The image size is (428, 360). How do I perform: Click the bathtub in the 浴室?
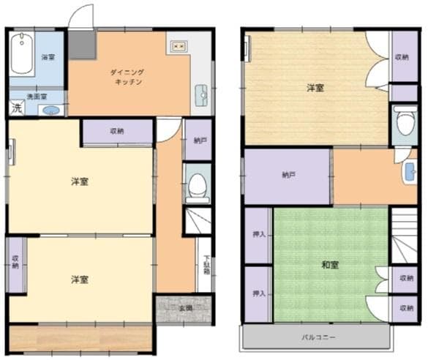[x=23, y=53]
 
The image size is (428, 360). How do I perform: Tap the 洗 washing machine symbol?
[x=15, y=108]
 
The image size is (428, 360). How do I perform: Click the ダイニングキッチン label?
[x=127, y=78]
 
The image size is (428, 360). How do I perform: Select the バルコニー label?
[x=318, y=338]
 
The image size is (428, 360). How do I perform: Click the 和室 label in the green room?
[x=329, y=265]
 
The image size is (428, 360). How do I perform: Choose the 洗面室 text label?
[x=37, y=96]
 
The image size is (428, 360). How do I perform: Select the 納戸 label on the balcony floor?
[x=288, y=176]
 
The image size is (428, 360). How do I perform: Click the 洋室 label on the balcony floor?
[x=315, y=88]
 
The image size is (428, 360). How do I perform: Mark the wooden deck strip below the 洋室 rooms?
[x=80, y=338]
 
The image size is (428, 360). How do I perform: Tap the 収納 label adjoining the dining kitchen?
[x=117, y=132]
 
